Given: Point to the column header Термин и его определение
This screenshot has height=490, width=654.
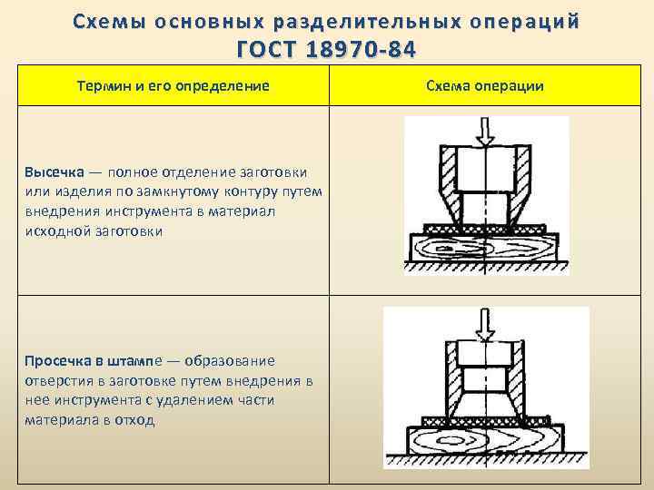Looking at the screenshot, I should pos(172,85).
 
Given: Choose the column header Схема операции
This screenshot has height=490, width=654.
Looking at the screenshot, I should pos(484,85).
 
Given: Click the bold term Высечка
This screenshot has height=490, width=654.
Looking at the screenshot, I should pos(54,171).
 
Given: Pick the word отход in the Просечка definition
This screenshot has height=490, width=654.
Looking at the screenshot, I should pos(137,421).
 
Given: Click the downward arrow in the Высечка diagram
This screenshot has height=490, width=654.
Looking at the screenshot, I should pos(486,132).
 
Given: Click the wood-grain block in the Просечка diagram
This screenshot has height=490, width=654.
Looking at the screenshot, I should pos(487,446).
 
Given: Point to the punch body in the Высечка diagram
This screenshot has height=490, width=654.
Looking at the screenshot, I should pos(486,172).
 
